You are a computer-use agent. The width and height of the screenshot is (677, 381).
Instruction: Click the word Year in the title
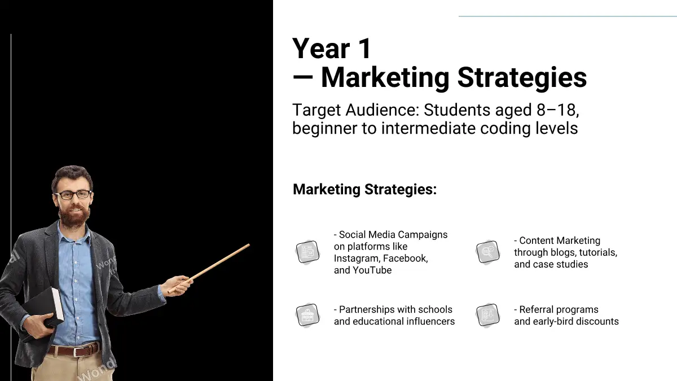tap(321, 49)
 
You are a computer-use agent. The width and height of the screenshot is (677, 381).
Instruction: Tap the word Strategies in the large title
tap(522, 78)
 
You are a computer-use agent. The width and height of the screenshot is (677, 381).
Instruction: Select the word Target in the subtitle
tap(316, 110)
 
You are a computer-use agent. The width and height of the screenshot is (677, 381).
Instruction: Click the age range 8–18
tap(557, 110)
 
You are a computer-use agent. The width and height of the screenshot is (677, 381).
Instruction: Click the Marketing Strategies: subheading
tap(365, 190)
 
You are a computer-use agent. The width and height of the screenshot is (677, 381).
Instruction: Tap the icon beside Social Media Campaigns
tap(307, 252)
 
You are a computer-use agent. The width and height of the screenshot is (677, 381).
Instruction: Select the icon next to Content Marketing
tap(488, 252)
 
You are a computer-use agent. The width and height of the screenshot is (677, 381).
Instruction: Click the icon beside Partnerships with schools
tap(307, 316)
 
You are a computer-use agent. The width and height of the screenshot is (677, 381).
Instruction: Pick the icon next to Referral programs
tap(488, 316)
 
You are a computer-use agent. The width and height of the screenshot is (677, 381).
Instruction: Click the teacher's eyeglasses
tap(73, 194)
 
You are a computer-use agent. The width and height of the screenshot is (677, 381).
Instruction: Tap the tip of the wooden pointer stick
tap(249, 245)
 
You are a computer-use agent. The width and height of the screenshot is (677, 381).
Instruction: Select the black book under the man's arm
tap(45, 308)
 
